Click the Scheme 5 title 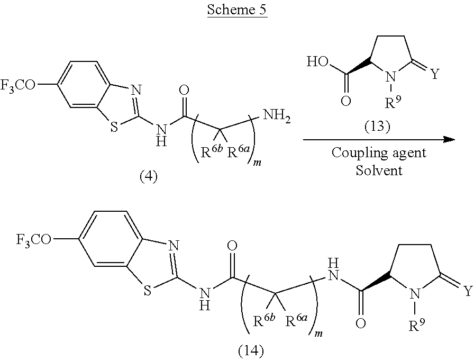[x=237, y=11]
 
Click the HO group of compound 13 [x=317, y=62]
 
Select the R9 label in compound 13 [x=394, y=102]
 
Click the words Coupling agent [x=379, y=153]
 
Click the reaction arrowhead [x=450, y=139]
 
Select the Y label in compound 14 [x=467, y=290]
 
